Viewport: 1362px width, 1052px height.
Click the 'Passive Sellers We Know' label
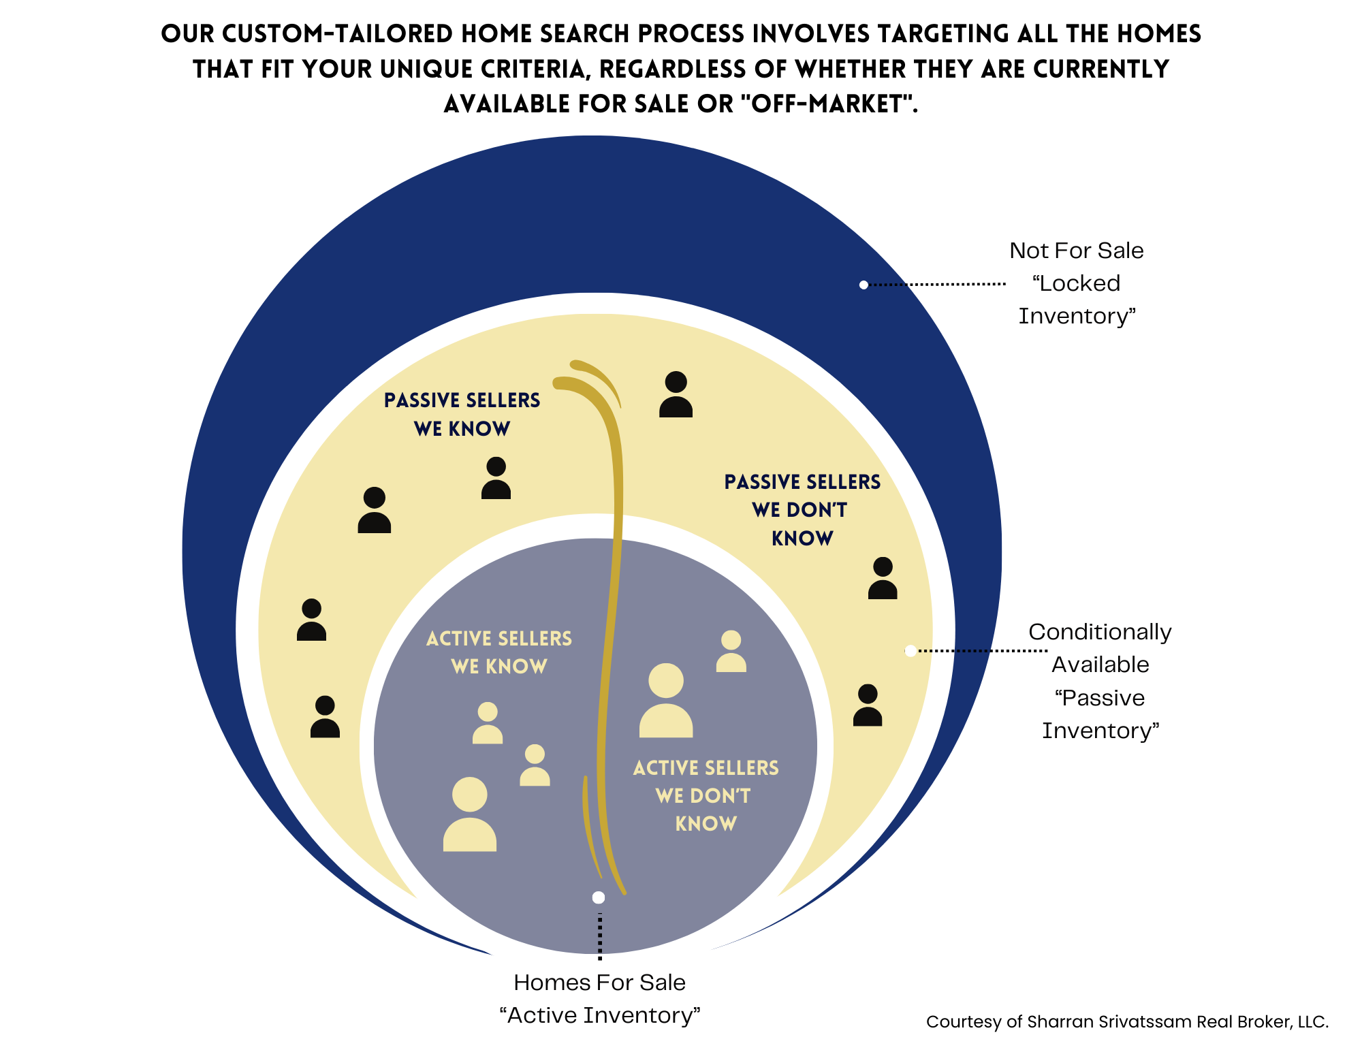pos(462,414)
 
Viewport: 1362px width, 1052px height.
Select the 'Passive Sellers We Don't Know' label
pos(802,510)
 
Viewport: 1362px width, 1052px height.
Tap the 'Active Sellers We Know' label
pos(499,652)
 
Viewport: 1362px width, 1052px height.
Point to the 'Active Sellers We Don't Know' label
pos(706,795)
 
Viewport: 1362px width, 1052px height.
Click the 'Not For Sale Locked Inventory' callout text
pos(1077,283)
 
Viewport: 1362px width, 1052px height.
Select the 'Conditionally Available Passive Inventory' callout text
pos(1100,681)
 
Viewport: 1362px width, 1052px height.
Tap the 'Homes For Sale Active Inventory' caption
pos(599,999)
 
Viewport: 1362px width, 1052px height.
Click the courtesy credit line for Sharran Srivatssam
pos(1127,1021)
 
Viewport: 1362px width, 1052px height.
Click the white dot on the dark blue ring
pos(864,285)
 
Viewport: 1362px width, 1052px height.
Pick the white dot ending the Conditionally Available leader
pos(910,651)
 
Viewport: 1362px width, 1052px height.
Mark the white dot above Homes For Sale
pos(599,897)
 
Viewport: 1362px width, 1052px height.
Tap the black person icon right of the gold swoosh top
pos(676,395)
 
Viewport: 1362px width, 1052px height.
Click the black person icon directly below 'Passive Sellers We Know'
pos(496,478)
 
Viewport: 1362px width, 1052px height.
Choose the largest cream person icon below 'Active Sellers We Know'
pos(470,814)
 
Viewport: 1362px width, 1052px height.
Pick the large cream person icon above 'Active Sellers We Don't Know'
pos(666,701)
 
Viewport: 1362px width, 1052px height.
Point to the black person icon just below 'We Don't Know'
pos(883,579)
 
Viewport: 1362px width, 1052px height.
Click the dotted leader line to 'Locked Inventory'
pos(936,284)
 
